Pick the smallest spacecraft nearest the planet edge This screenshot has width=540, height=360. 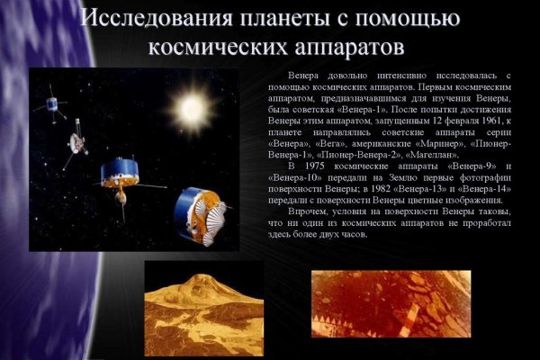coord(56,106)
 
